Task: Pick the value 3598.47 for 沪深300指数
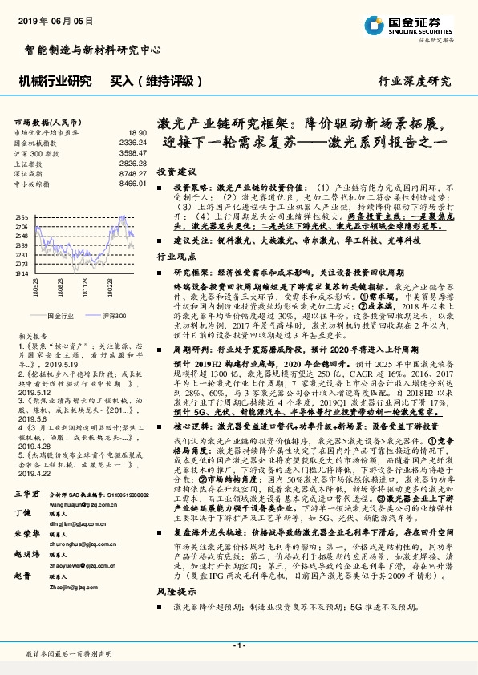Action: (x=132, y=152)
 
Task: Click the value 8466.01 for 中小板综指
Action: (x=132, y=184)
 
